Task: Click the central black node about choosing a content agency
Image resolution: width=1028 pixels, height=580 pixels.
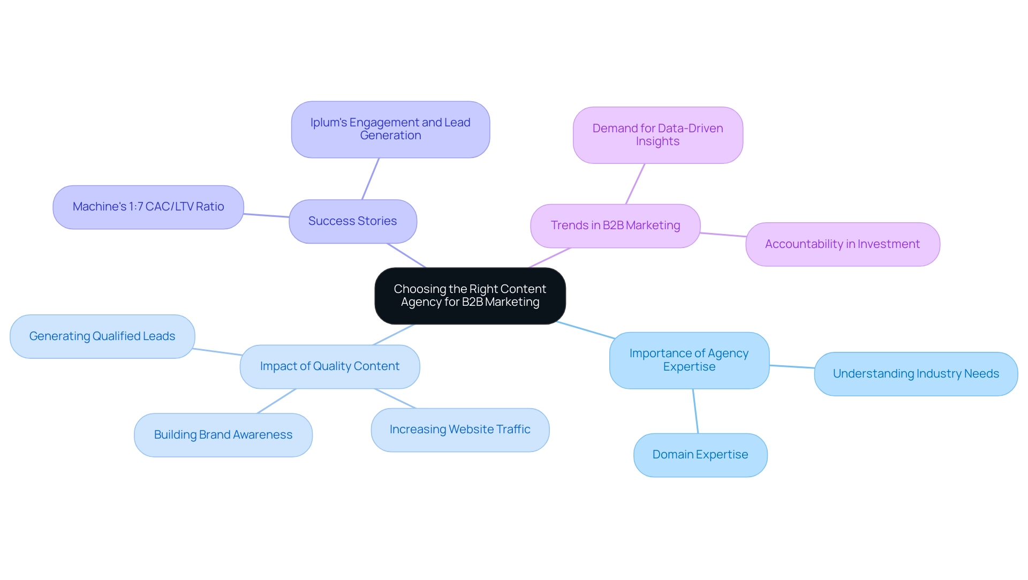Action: (470, 296)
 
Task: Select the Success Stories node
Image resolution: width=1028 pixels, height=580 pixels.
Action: (352, 221)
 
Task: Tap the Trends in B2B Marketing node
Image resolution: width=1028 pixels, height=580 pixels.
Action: (615, 225)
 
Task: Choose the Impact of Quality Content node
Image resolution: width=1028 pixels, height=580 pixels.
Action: (329, 366)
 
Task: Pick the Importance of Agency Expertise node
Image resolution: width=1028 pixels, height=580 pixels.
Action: (689, 360)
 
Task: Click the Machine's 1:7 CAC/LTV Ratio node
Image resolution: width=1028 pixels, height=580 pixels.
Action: (148, 207)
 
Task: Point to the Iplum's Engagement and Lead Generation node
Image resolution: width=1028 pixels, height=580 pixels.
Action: (390, 129)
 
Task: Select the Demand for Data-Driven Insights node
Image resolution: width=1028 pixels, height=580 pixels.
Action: (657, 135)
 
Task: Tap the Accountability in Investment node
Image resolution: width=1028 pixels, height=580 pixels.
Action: (842, 244)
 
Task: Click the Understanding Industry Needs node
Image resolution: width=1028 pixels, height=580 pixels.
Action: (916, 374)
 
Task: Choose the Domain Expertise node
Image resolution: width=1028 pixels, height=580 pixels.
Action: (700, 455)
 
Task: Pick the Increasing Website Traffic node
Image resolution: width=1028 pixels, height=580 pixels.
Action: (460, 430)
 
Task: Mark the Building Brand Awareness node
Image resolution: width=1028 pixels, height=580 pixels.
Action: (223, 435)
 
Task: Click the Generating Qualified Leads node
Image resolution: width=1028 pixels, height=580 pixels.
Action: (102, 336)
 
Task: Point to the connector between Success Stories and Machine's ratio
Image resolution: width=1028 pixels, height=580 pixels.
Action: (266, 215)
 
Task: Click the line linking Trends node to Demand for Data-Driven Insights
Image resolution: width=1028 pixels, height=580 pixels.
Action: (635, 184)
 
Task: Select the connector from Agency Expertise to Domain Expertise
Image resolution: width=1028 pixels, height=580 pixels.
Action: (696, 411)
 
